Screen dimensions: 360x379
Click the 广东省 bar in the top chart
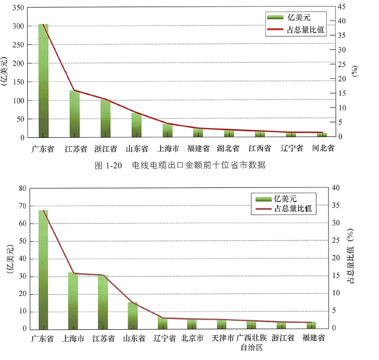coord(43,81)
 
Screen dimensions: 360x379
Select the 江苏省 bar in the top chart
coord(75,114)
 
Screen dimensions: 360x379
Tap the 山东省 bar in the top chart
coord(137,125)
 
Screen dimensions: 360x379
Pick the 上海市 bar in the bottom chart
coord(74,301)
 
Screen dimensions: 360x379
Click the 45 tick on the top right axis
coord(342,7)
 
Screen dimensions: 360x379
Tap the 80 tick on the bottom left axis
coord(21,188)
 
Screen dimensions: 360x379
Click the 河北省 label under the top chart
coord(322,149)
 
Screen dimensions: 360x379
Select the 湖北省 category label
coord(228,149)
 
